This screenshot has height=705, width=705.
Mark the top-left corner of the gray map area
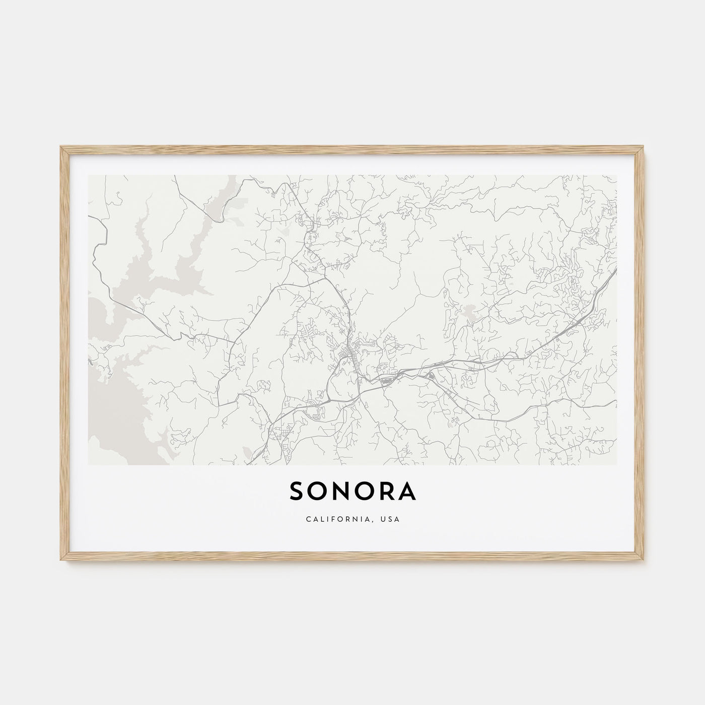click(x=89, y=176)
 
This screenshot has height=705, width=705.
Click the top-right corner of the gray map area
click(x=616, y=176)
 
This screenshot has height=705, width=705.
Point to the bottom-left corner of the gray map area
click(x=89, y=464)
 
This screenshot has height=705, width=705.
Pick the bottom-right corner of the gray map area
click(x=616, y=464)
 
